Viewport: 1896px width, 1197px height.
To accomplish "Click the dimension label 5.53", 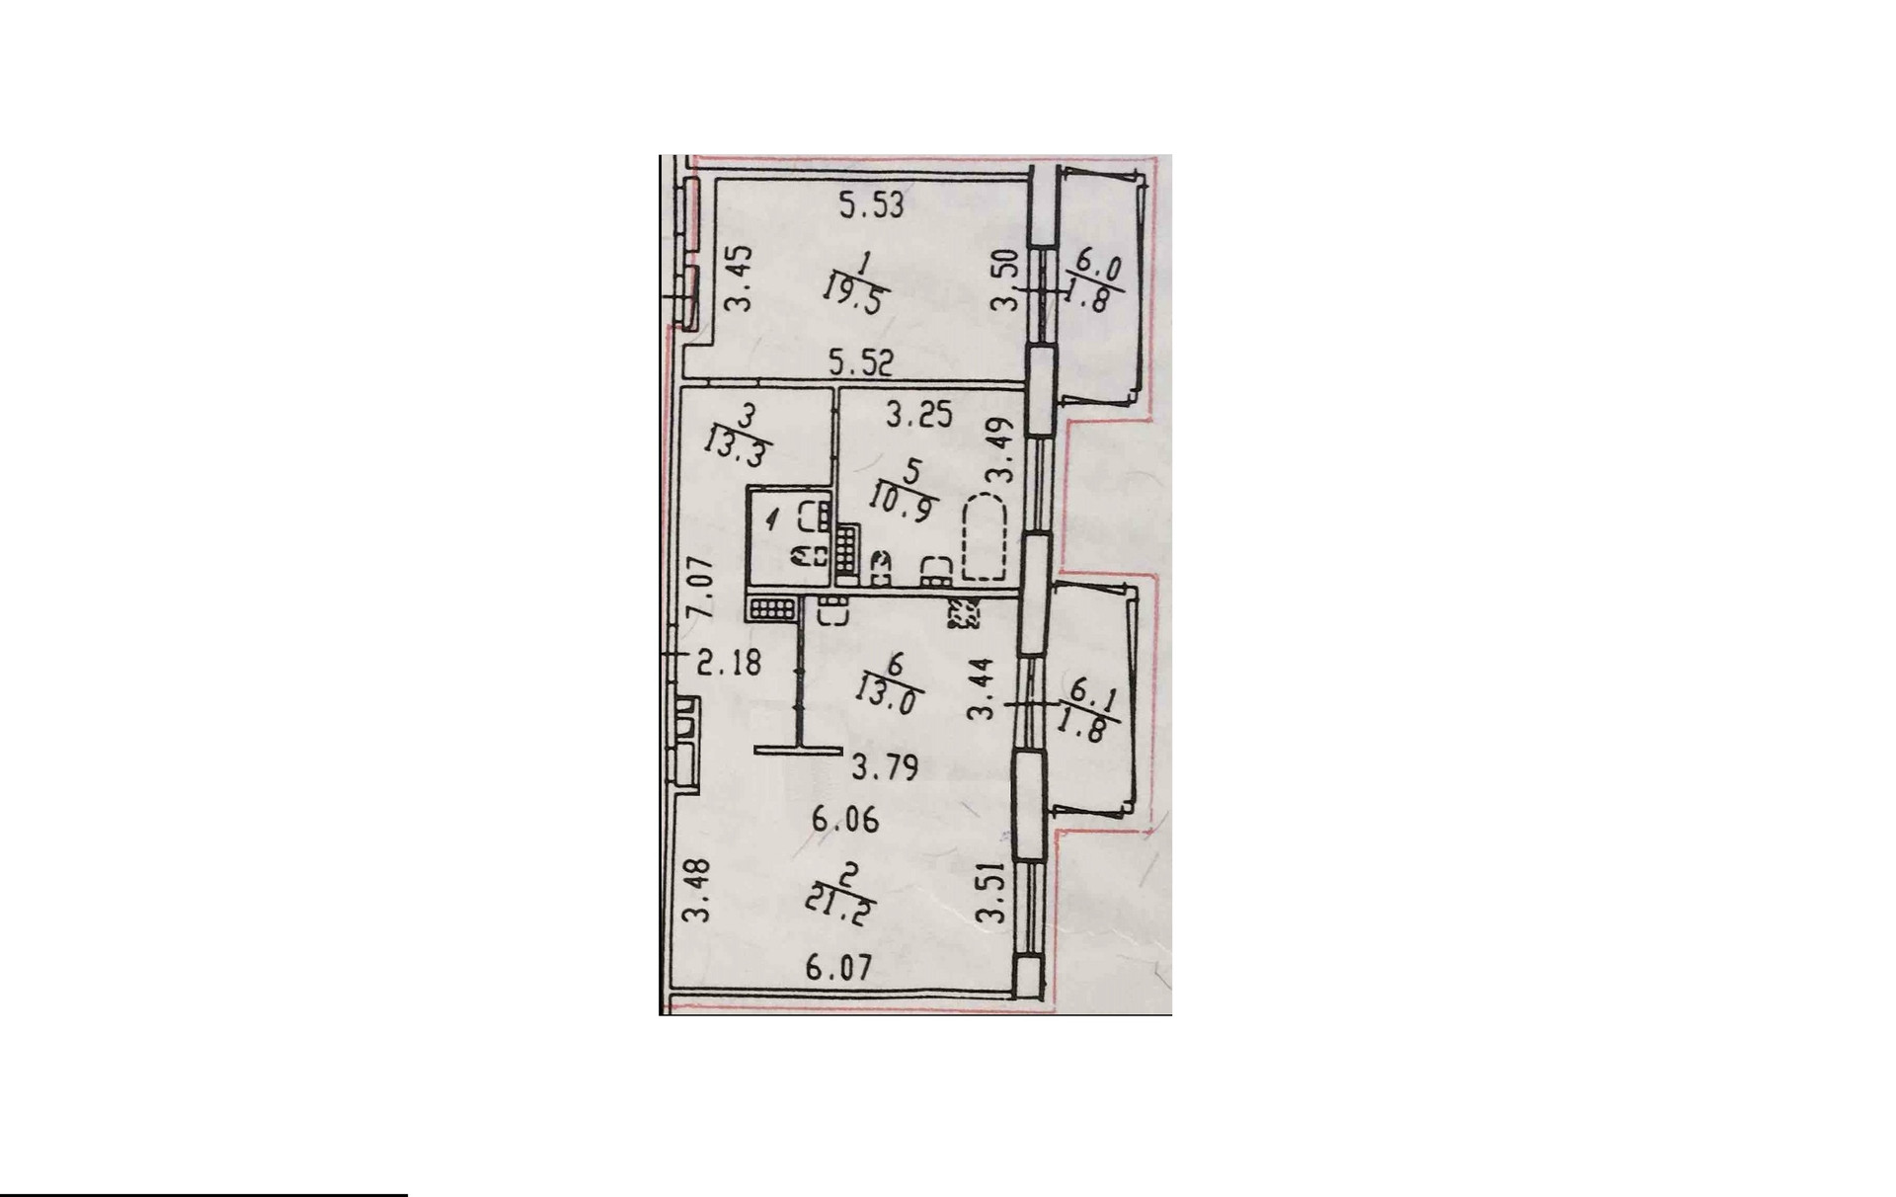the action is click(x=871, y=206).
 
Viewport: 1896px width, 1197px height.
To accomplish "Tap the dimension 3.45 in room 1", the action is click(x=741, y=279).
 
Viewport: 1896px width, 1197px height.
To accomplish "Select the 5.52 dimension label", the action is click(x=861, y=363).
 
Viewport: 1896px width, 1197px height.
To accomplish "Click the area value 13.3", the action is click(x=737, y=447).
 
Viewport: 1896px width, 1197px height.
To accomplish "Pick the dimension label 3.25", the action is click(x=918, y=414).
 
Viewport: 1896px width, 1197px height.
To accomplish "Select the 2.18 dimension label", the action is click(x=729, y=662).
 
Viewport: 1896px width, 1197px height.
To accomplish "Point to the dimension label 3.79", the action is click(x=886, y=766).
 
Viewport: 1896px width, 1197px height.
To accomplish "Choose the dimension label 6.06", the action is click(x=845, y=820).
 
